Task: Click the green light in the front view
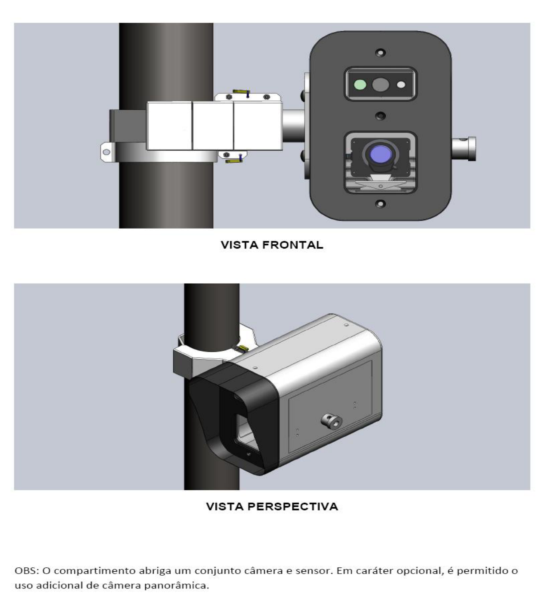point(360,85)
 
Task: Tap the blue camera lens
point(380,154)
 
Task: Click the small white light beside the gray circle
point(401,85)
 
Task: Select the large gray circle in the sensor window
point(380,85)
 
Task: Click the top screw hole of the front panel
point(380,53)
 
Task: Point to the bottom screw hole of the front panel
point(380,204)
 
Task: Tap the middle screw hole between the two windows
point(380,116)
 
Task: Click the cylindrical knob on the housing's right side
point(464,149)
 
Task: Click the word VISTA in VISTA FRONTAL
point(240,245)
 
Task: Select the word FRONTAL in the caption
point(293,245)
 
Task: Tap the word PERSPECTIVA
point(293,506)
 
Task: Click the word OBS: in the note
point(27,571)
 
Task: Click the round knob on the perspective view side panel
point(332,421)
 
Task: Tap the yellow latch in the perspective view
point(243,348)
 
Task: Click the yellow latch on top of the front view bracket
point(241,91)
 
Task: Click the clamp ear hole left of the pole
point(106,152)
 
